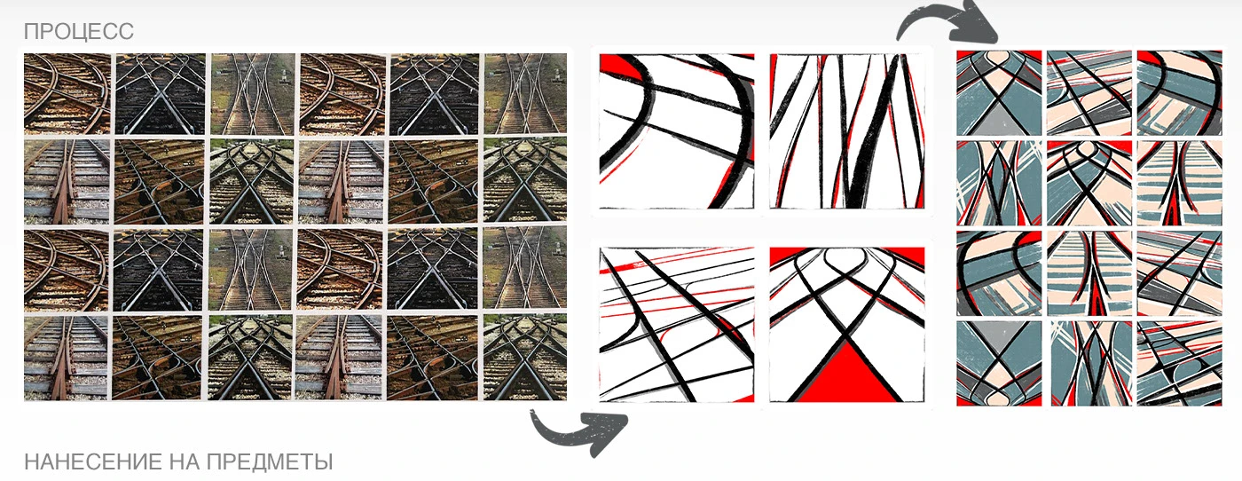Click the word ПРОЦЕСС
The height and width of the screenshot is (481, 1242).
(x=78, y=31)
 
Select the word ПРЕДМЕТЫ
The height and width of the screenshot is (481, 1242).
(x=270, y=461)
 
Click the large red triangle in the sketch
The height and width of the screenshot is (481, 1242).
(x=845, y=375)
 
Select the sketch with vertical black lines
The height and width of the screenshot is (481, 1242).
(x=847, y=131)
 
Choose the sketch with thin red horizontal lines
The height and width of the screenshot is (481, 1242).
(x=677, y=325)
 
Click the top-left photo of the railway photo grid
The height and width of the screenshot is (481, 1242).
(x=67, y=94)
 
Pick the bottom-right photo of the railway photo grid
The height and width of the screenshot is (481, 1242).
(x=525, y=358)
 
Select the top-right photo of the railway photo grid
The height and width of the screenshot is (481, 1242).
(x=525, y=94)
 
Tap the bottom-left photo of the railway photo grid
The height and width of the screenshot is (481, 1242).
(x=66, y=358)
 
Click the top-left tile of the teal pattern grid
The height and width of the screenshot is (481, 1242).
(x=999, y=92)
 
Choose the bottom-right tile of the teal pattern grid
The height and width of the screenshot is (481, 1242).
(x=1179, y=363)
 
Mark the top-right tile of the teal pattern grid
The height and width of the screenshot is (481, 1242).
(x=1179, y=92)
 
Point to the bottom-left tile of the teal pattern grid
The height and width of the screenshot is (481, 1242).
(x=999, y=363)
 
